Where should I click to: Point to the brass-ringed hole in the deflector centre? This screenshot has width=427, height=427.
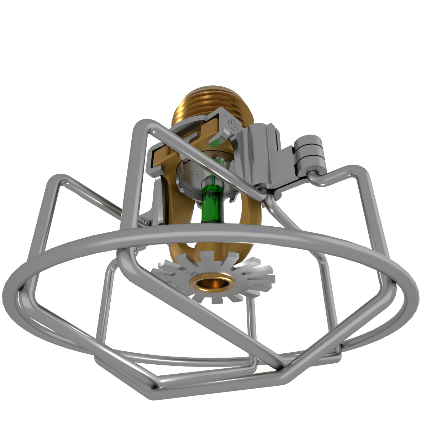click(213, 283)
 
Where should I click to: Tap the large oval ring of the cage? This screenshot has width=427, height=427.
click(213, 233)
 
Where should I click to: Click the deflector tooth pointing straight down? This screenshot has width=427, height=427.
click(216, 301)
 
